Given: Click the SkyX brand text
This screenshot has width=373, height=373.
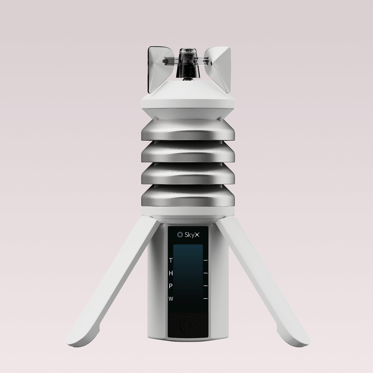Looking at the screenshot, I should [191, 234].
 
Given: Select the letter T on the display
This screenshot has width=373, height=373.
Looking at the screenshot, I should [171, 261].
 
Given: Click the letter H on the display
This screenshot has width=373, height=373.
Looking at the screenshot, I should [171, 273].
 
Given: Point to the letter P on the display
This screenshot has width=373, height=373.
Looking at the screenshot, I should [171, 286].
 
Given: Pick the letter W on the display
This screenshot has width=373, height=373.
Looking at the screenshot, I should [171, 299].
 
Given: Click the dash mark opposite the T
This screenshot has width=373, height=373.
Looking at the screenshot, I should [205, 261].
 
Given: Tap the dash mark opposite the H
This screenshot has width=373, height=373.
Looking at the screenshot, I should [205, 273].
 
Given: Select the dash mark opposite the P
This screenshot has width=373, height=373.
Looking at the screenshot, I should [205, 286].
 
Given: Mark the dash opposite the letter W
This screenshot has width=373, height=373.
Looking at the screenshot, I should [205, 299].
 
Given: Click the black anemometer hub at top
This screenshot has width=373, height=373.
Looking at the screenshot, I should [187, 65].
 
